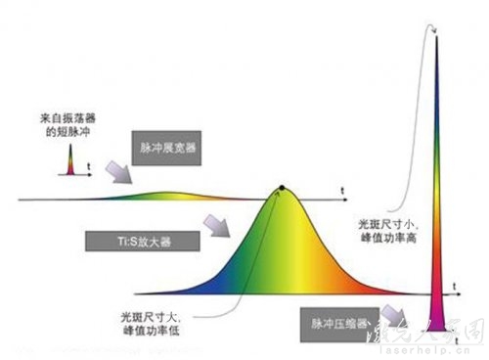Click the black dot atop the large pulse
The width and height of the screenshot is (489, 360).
pyautogui.click(x=282, y=186)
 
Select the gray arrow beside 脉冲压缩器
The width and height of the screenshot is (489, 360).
pyautogui.click(x=395, y=314)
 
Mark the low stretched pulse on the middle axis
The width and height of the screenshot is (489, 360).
pyautogui.click(x=166, y=194)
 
